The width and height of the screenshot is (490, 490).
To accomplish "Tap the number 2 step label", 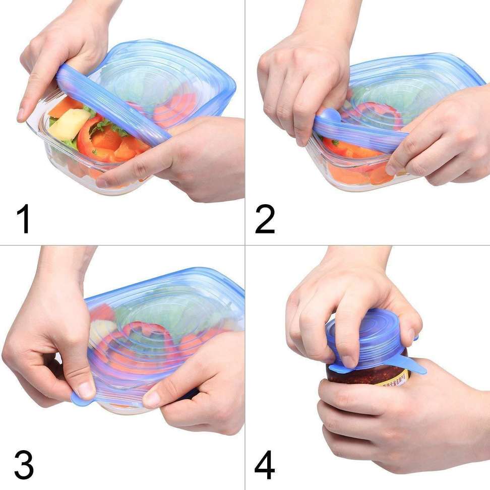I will coord(265,218).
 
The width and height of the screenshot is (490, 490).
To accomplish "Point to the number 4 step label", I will coord(265,464).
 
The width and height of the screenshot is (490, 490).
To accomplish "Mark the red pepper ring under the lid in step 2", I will coord(373,112).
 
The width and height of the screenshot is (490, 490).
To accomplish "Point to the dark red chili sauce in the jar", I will coord(353,376).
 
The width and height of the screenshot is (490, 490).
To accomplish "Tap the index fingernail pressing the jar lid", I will coord(348,361).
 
